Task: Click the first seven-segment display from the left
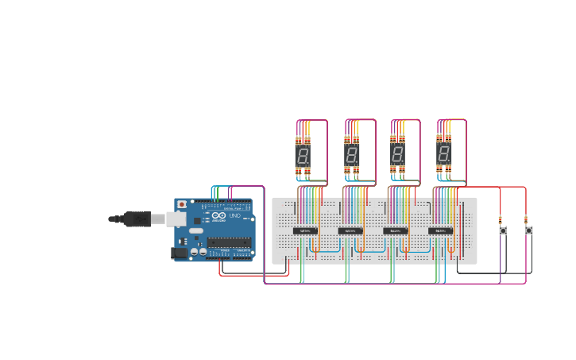tap(303, 155)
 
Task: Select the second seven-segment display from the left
tap(351, 155)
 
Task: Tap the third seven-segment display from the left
tap(396, 154)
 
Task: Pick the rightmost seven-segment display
tap(443, 154)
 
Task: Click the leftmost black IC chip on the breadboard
tap(305, 231)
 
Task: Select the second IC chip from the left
tap(350, 231)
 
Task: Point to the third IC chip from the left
tap(395, 231)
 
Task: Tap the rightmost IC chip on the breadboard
tap(440, 231)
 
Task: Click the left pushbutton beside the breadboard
tap(502, 230)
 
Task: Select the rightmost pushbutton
tap(528, 230)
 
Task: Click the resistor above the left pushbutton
tap(501, 220)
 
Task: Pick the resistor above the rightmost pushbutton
tap(526, 220)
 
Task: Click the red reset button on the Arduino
tap(182, 204)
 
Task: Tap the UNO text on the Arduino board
tap(234, 215)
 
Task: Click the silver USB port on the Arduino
tap(179, 219)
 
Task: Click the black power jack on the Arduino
tap(179, 253)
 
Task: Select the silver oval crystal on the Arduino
tap(195, 230)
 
